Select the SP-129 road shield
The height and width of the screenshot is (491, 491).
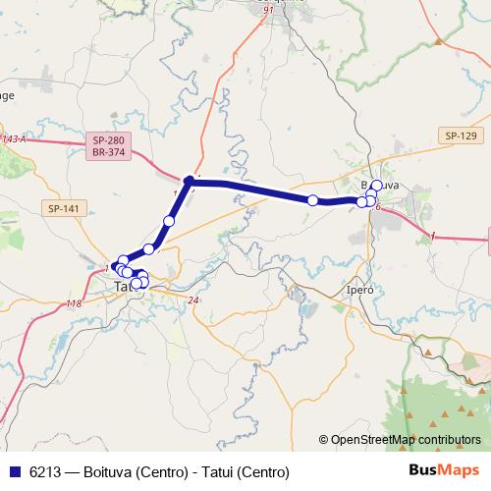pyautogui.click(x=460, y=136)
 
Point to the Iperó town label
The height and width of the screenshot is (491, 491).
pyautogui.click(x=359, y=292)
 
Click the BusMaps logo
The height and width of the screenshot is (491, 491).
pyautogui.click(x=444, y=470)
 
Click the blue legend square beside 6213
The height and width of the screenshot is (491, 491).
pyautogui.click(x=16, y=470)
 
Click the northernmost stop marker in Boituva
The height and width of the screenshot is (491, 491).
pyautogui.click(x=376, y=185)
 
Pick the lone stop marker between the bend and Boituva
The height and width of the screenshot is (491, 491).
pyautogui.click(x=312, y=200)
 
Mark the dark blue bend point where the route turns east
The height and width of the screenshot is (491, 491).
pyautogui.click(x=190, y=181)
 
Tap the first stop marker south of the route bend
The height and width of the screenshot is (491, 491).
pyautogui.click(x=169, y=221)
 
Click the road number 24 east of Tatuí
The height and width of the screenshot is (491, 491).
pyautogui.click(x=192, y=300)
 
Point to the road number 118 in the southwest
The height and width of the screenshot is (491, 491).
pyautogui.click(x=74, y=303)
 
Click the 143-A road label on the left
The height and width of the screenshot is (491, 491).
pyautogui.click(x=14, y=139)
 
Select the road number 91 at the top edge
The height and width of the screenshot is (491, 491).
pyautogui.click(x=268, y=9)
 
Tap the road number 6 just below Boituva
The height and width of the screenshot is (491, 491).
pyautogui.click(x=376, y=207)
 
